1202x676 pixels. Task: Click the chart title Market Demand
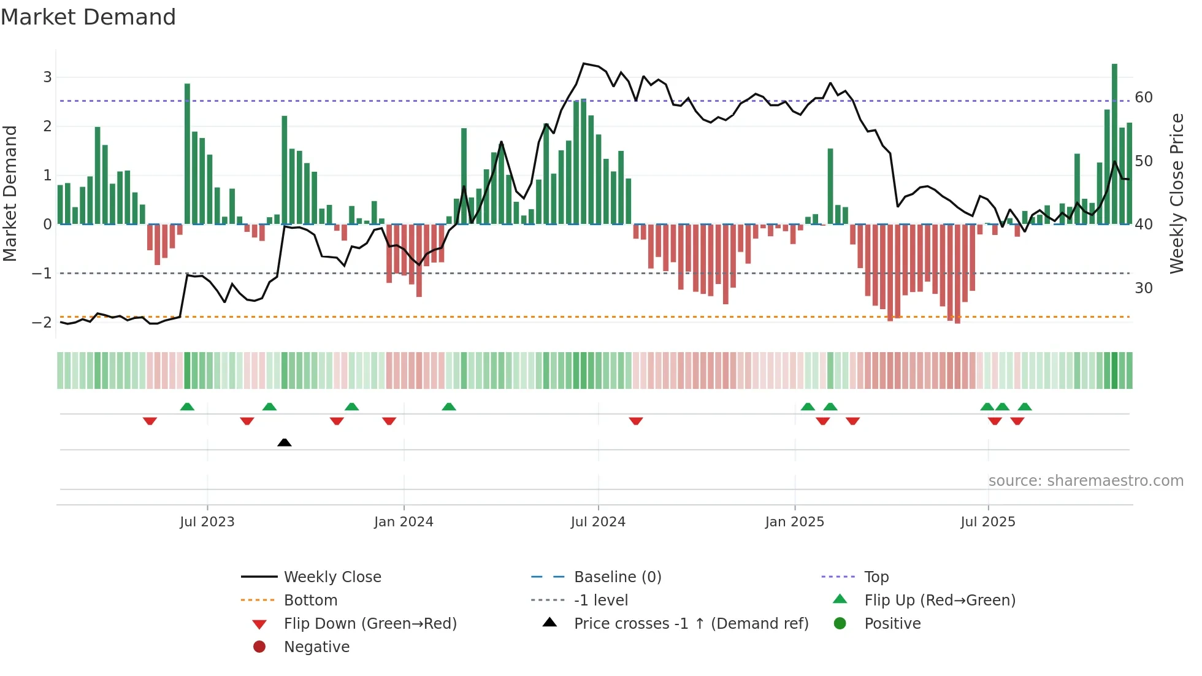tap(88, 17)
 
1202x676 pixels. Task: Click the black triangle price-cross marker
tap(284, 442)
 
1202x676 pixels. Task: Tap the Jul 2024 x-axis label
tap(598, 522)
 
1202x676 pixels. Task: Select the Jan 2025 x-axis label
tap(794, 522)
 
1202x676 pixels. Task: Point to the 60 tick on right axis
tap(1143, 98)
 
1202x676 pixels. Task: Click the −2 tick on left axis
tap(42, 323)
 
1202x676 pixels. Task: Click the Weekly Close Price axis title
tap(1176, 193)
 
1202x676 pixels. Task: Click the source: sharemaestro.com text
tap(1085, 481)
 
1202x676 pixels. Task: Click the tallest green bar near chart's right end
tap(1114, 144)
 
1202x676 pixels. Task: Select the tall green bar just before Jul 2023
tap(187, 153)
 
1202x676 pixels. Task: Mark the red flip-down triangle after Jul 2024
tap(636, 421)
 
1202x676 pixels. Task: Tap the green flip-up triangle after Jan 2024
tap(449, 407)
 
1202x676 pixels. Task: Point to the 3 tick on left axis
tap(47, 77)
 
